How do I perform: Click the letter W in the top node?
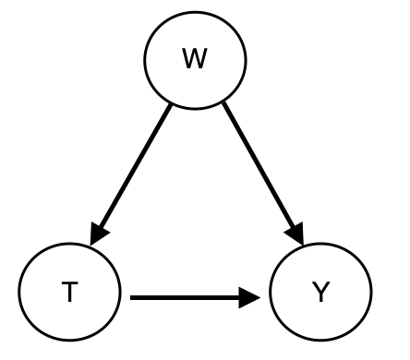tap(195, 60)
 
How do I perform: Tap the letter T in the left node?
tap(69, 294)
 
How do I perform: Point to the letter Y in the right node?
tap(320, 294)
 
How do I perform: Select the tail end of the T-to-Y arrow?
tap(132, 297)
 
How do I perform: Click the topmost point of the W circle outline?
tap(195, 9)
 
